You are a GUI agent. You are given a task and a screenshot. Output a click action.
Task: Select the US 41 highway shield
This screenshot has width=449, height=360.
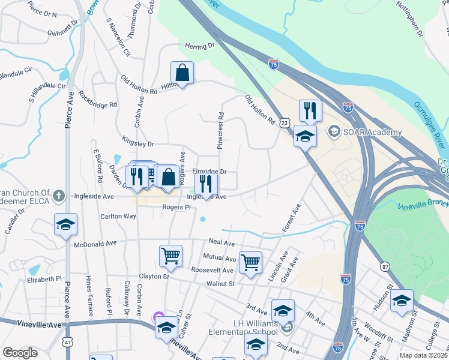pyautogui.click(x=67, y=341)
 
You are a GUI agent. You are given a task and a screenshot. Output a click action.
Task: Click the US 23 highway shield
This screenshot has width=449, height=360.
pyautogui.click(x=285, y=122)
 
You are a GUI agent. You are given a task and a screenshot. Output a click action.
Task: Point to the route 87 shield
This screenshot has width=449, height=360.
pyautogui.click(x=384, y=265)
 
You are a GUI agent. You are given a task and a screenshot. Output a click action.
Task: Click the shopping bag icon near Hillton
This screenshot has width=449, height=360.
pyautogui.click(x=182, y=73)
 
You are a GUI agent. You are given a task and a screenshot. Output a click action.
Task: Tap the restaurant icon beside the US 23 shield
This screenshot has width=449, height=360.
pyautogui.click(x=310, y=110)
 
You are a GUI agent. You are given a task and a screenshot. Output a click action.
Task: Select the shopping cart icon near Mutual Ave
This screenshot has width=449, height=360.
pyautogui.click(x=250, y=262)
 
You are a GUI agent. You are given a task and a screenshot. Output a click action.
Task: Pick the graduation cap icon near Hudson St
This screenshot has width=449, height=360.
pyautogui.click(x=402, y=301)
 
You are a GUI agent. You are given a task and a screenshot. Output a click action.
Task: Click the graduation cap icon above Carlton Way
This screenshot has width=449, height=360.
pyautogui.click(x=66, y=225)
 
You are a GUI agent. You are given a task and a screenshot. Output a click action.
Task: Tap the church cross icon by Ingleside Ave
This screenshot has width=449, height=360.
pyautogui.click(x=58, y=195)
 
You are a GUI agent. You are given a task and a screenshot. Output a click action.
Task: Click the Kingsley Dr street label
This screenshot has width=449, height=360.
pyautogui.click(x=139, y=144)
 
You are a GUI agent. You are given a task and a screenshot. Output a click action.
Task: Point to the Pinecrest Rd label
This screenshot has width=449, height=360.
pyautogui.click(x=220, y=130)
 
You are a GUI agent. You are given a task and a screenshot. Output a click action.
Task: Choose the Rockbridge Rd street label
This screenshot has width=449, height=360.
pyautogui.click(x=97, y=101)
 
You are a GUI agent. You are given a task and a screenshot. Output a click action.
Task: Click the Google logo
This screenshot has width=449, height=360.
pyautogui.click(x=20, y=353)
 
